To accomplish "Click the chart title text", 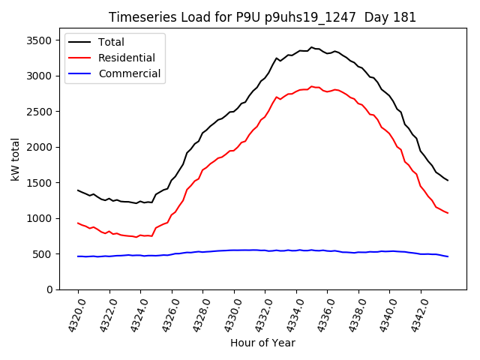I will pyautogui.click(x=262, y=17).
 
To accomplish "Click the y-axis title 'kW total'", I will pyautogui.click(x=16, y=159).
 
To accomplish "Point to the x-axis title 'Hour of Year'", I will pyautogui.click(x=262, y=343).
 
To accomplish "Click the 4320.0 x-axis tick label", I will pyautogui.click(x=74, y=315).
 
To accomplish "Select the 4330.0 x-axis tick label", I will pyautogui.click(x=230, y=315).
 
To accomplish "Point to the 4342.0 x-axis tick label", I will pyautogui.click(x=417, y=315).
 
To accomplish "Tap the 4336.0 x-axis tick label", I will pyautogui.click(x=324, y=315).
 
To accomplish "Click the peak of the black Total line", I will pyautogui.click(x=311, y=47).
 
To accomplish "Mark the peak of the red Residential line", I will pyautogui.click(x=311, y=86).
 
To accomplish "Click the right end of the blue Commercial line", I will pyautogui.click(x=448, y=256).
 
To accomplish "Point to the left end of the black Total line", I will pyautogui.click(x=78, y=190).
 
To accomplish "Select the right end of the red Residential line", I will pyautogui.click(x=448, y=213).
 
